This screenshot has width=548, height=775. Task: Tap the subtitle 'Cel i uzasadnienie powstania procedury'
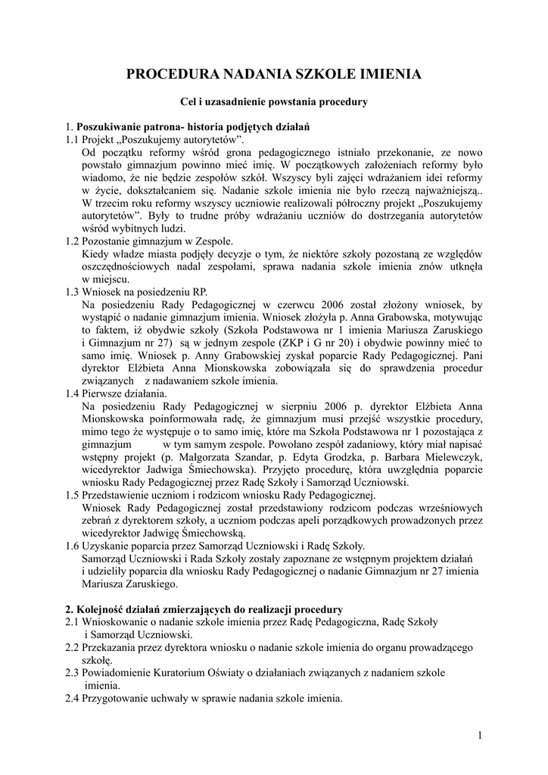click(273, 101)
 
